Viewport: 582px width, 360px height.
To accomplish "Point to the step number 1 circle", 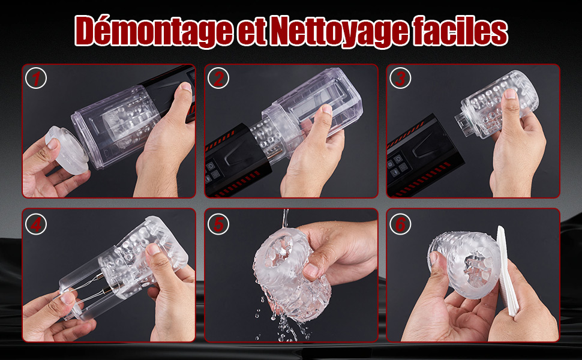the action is [36, 79].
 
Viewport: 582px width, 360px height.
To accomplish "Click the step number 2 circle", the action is [218, 79].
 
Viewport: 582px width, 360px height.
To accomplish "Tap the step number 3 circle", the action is [400, 79].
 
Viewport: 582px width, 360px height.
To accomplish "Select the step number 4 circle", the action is [36, 224].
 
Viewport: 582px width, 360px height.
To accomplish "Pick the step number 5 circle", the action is [218, 224].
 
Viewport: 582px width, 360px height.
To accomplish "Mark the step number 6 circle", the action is [400, 224].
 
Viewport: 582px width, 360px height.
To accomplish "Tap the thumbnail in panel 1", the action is [186, 88].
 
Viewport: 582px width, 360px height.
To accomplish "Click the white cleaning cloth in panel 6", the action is [506, 271].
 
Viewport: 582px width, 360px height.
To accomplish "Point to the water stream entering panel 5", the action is [285, 218].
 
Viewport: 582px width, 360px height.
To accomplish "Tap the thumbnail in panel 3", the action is [511, 94].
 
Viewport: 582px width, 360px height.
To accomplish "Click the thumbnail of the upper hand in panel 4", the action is [152, 249].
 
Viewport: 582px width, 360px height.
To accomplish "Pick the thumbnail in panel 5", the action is [310, 270].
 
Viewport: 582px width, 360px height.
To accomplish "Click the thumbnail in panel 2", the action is [327, 109].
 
